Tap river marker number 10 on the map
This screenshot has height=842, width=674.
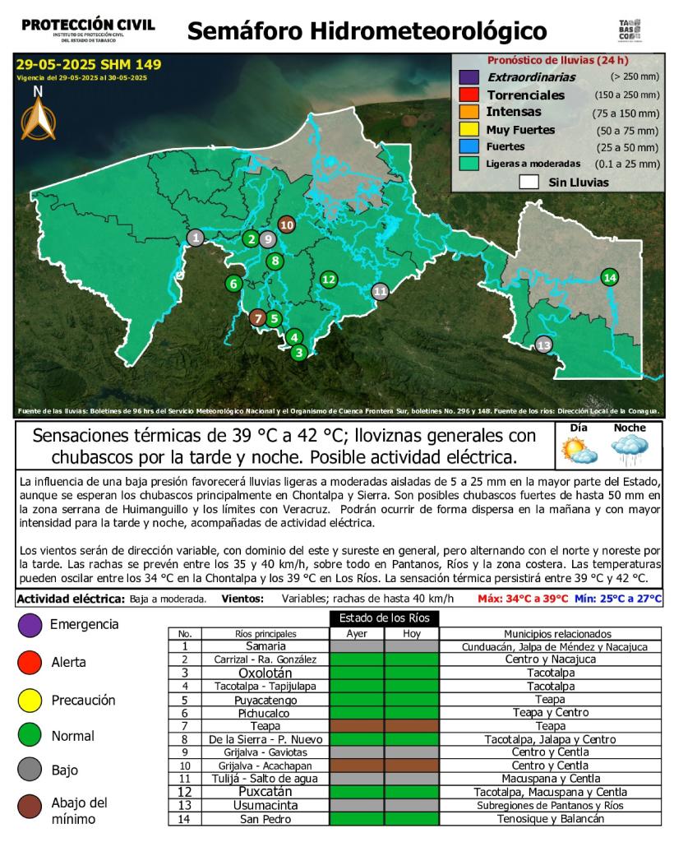(x=287, y=224)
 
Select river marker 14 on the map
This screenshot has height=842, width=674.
(x=609, y=277)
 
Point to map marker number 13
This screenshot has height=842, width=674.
(x=543, y=345)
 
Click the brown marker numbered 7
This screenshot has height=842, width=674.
(x=258, y=318)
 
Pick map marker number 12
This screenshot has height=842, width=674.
(x=329, y=280)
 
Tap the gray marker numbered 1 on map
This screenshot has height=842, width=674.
(x=196, y=238)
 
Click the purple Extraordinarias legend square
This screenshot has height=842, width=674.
(x=469, y=77)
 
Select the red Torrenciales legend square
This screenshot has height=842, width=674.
(x=469, y=95)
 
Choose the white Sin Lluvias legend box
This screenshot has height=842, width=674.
(x=528, y=182)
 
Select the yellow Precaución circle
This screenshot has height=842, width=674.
(x=30, y=701)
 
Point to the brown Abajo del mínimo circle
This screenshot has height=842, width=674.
(x=30, y=809)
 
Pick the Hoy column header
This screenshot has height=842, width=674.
(x=411, y=634)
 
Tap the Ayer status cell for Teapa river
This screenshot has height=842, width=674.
(x=357, y=726)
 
